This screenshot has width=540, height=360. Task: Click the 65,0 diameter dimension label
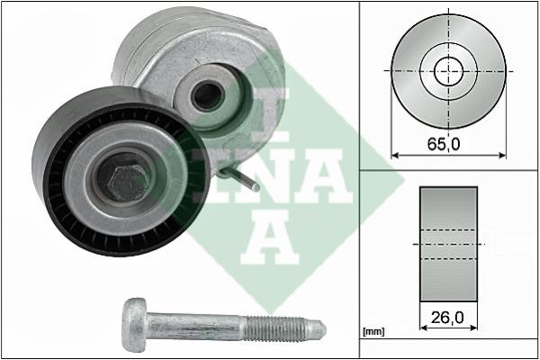point(444,144)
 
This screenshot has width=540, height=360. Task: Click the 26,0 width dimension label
point(447,318)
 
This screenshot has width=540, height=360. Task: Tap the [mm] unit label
point(373,332)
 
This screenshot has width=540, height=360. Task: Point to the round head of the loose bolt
point(135,325)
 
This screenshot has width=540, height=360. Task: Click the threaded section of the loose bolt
point(274,328)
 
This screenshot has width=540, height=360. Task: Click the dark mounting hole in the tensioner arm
point(208,95)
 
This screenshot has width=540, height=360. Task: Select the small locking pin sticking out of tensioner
point(241,179)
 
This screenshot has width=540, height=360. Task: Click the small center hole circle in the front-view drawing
point(448,71)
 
